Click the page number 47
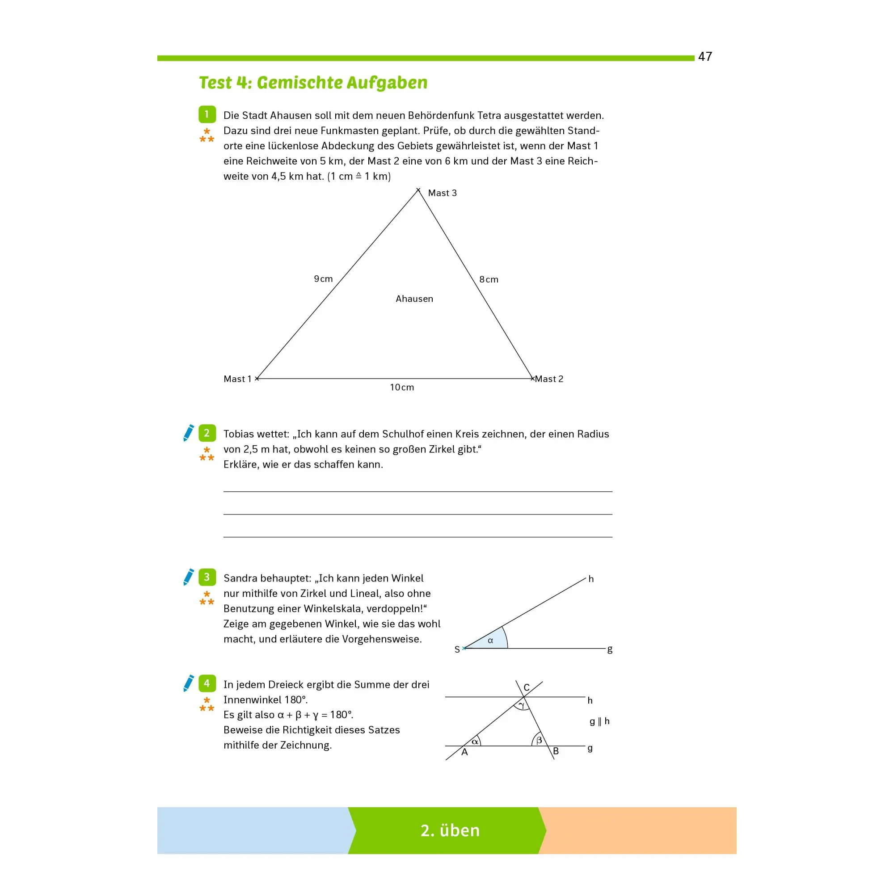point(705,56)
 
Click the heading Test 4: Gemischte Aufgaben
point(313,83)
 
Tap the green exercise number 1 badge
point(207,114)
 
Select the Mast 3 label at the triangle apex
point(442,193)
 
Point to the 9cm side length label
point(323,278)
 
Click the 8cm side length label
point(489,279)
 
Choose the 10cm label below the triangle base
point(402,387)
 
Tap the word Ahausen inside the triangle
point(414,299)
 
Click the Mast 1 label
point(237,379)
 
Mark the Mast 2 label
point(549,379)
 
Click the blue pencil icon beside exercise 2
point(188,433)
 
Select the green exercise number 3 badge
point(207,577)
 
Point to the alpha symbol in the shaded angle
point(490,641)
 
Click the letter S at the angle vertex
point(457,649)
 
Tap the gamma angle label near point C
point(522,705)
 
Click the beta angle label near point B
point(539,740)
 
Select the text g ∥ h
point(599,721)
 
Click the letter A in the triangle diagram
point(464,752)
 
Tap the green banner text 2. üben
point(450,830)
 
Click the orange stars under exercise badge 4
point(207,704)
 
